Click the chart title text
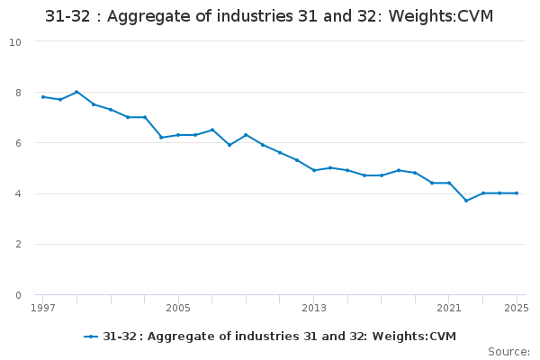pyautogui.click(x=269, y=17)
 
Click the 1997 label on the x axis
pyautogui.click(x=42, y=308)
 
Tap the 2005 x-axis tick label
pyautogui.click(x=178, y=308)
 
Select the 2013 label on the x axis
pyautogui.click(x=314, y=308)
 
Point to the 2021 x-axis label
pyautogui.click(x=449, y=308)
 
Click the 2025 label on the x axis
pyautogui.click(x=517, y=308)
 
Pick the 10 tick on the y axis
pyautogui.click(x=16, y=41)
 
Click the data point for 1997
pyautogui.click(x=42, y=96)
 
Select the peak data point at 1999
pyautogui.click(x=76, y=92)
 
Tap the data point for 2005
pyautogui.click(x=178, y=135)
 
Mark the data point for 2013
pyautogui.click(x=314, y=170)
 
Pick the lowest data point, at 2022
pyautogui.click(x=466, y=201)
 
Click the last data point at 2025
pyautogui.click(x=517, y=193)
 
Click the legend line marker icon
pyautogui.click(x=91, y=337)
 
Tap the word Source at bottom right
pyautogui.click(x=508, y=351)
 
